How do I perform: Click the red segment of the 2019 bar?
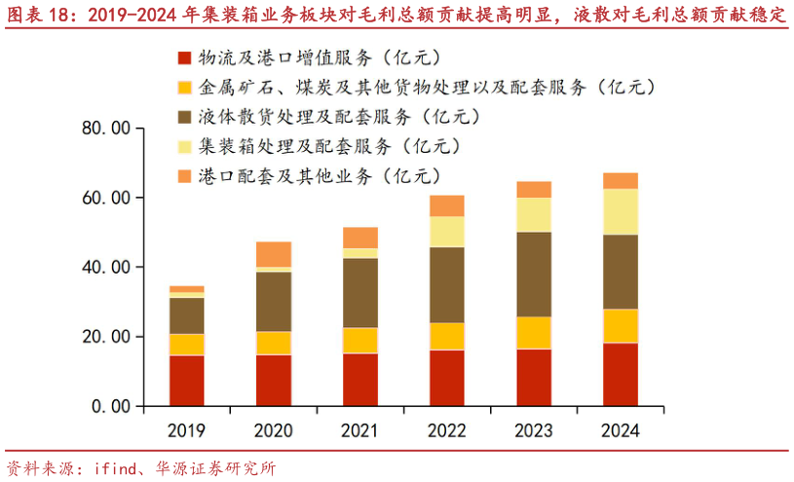click(x=186, y=380)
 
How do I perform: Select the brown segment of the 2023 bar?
click(x=533, y=274)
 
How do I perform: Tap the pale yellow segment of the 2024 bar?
click(x=620, y=211)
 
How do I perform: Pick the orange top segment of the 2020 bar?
click(x=273, y=253)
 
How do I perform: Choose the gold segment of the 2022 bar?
click(x=446, y=336)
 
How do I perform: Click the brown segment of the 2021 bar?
click(x=359, y=292)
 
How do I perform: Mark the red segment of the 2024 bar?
click(x=620, y=374)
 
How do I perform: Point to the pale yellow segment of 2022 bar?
click(x=446, y=231)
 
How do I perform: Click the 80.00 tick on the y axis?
click(x=106, y=129)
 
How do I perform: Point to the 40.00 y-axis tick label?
click(x=106, y=267)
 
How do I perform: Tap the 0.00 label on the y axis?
click(x=110, y=406)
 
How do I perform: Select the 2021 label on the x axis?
click(x=359, y=430)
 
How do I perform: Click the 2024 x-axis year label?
click(x=620, y=430)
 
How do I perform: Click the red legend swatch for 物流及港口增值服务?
click(x=184, y=59)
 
